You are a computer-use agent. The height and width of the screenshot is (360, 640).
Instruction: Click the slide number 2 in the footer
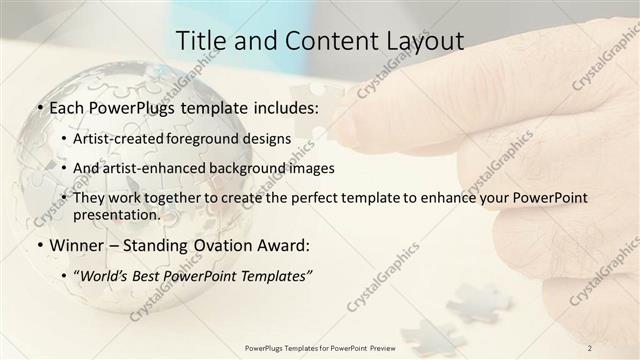590,347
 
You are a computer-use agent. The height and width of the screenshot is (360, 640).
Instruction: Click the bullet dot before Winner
39,244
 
